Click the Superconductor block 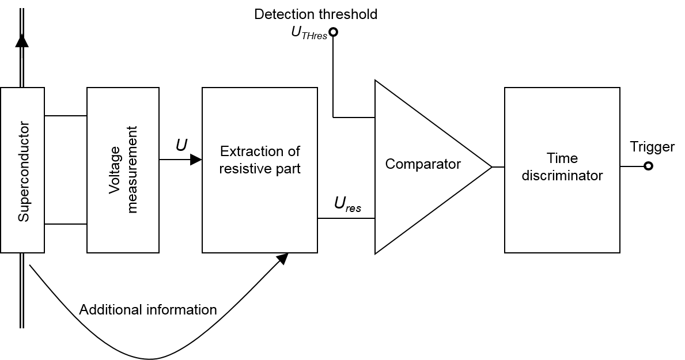pyautogui.click(x=22, y=170)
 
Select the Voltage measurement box pyautogui.click(x=123, y=170)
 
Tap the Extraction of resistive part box pyautogui.click(x=259, y=170)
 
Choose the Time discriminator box pyautogui.click(x=562, y=170)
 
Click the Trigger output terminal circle pyautogui.click(x=648, y=166)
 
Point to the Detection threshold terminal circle pyautogui.click(x=333, y=32)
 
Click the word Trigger pyautogui.click(x=652, y=147)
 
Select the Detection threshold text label pyautogui.click(x=316, y=14)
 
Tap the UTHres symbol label pyautogui.click(x=309, y=34)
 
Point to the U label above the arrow pyautogui.click(x=181, y=145)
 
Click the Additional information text pyautogui.click(x=148, y=310)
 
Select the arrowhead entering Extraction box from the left pyautogui.click(x=196, y=160)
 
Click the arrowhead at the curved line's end pyautogui.click(x=282, y=259)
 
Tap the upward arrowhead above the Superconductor pyautogui.click(x=22, y=40)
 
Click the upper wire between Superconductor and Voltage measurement pyautogui.click(x=66, y=116)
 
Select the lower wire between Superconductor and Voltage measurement pyautogui.click(x=66, y=223)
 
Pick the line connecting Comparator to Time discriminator pyautogui.click(x=498, y=167)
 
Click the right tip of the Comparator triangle pyautogui.click(x=490, y=167)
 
